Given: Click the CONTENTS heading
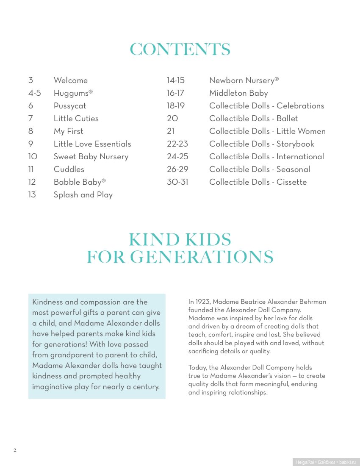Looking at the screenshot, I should pos(180,50).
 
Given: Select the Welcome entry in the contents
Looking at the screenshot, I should pos(70,80).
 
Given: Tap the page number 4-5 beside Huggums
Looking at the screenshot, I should pos(35,93).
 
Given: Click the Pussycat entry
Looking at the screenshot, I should pos(69,106).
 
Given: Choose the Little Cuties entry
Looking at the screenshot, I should pos(76,119).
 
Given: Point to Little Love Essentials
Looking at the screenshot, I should pos(92,144).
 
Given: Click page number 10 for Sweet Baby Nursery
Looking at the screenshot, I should pos(33,157).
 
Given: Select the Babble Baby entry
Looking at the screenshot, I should pos(79,182).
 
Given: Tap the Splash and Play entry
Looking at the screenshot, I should pos(83,195).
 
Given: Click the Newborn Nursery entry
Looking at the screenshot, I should pos(244,80).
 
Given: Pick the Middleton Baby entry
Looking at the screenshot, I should pos(238,93).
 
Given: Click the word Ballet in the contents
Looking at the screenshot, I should pos(287,119).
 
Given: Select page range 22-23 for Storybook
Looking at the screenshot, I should pos(177,144).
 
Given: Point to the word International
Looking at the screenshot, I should pos(300,157).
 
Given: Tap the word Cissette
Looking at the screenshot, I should pos(291,182).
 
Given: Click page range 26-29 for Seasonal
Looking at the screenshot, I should pos(177,169).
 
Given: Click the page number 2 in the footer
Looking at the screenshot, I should pos(15,450).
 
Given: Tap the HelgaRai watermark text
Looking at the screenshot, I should pos(304,462).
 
